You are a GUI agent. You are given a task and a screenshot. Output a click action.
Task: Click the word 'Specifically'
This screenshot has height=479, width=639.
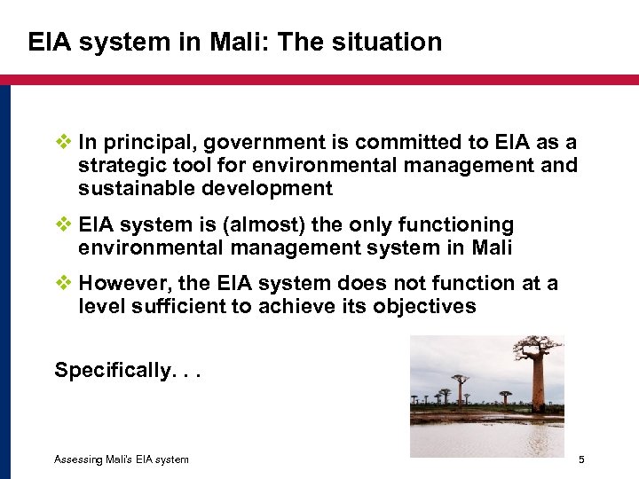click(110, 370)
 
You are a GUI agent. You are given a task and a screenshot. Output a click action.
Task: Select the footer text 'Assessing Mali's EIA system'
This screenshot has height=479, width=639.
click(122, 459)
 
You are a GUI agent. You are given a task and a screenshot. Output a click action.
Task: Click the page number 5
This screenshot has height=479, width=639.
click(581, 459)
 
